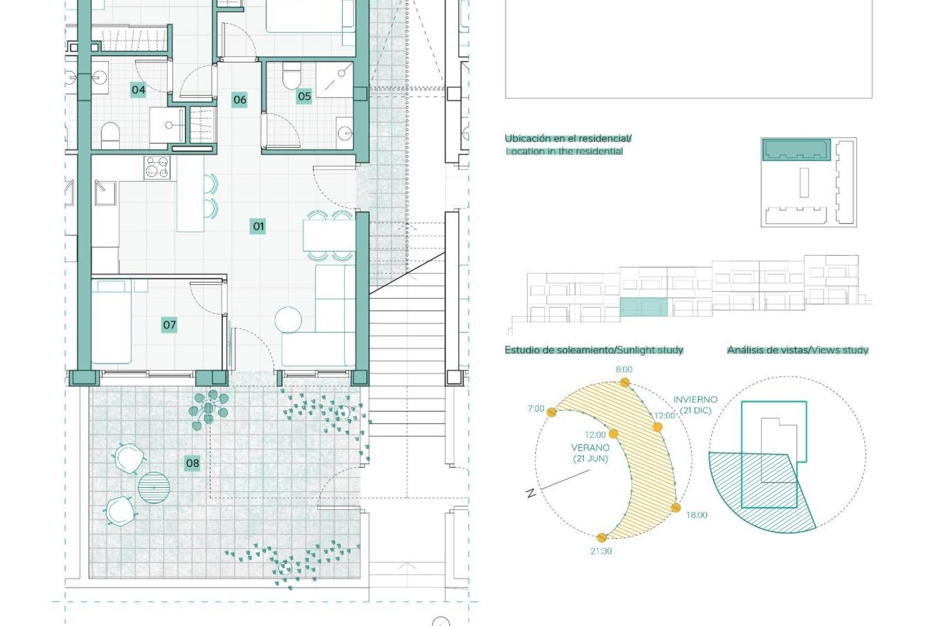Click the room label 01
click(258, 226)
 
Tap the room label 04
click(138, 90)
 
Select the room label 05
click(304, 96)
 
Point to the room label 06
click(239, 100)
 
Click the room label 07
click(169, 325)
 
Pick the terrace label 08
click(192, 463)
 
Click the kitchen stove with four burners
click(157, 167)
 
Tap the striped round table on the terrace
click(154, 488)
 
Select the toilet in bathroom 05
click(292, 78)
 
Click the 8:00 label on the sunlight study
click(624, 370)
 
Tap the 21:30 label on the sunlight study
click(601, 551)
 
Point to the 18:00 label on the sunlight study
click(696, 515)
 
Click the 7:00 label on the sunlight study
click(536, 409)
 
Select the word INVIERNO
click(695, 400)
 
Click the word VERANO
click(590, 447)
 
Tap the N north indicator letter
click(531, 493)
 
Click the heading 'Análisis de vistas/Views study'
click(797, 350)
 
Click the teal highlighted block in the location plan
click(796, 150)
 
